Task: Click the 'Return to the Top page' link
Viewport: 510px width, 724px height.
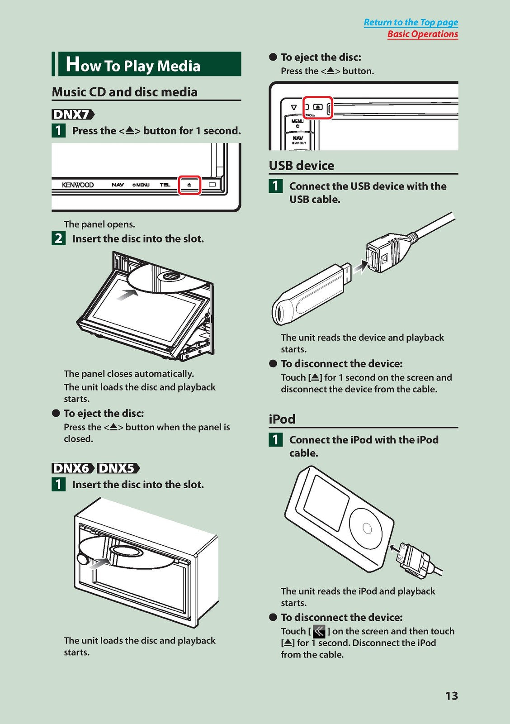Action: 411,22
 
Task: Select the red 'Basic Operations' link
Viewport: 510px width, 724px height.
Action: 423,34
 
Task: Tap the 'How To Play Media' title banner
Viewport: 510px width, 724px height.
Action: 146,64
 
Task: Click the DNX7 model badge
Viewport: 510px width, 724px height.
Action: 73,114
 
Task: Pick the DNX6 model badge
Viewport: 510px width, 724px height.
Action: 73,468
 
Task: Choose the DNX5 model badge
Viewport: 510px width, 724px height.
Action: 118,468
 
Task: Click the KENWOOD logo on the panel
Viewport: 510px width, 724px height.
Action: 78,185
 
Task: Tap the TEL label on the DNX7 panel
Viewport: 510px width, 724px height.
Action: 165,185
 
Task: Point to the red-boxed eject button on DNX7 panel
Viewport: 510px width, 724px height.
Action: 189,185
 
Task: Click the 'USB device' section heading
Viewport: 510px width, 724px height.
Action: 302,166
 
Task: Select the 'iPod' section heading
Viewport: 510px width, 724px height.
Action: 282,419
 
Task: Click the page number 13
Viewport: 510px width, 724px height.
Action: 452,695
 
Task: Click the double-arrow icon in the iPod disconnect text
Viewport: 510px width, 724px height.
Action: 319,631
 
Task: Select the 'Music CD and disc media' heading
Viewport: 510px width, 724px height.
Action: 125,92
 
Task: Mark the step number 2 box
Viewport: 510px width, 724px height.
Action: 58,238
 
